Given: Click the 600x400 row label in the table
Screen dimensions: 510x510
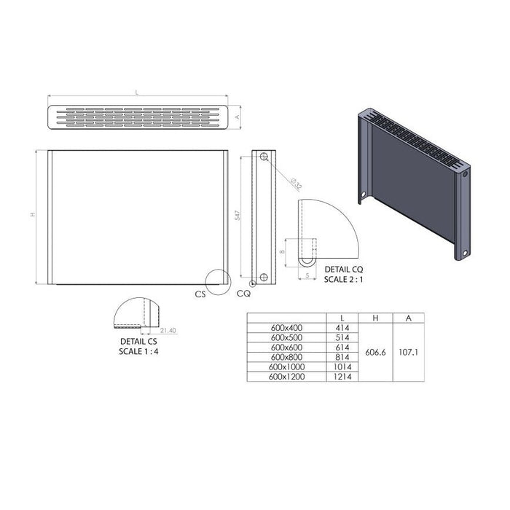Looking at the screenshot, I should pyautogui.click(x=286, y=328).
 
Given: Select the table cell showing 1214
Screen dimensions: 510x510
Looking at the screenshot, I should pyautogui.click(x=342, y=377).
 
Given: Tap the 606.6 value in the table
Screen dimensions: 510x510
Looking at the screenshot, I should pyautogui.click(x=376, y=352).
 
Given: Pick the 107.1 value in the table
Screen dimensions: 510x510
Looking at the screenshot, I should pyautogui.click(x=408, y=352).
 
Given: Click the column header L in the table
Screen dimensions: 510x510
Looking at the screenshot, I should pyautogui.click(x=342, y=318).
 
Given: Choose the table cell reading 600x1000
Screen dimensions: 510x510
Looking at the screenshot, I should pyautogui.click(x=286, y=367).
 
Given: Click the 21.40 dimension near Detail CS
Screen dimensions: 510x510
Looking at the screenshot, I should pyautogui.click(x=168, y=330).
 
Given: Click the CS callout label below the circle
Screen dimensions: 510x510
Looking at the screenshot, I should pyautogui.click(x=200, y=294).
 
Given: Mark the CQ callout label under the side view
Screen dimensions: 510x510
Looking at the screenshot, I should pyautogui.click(x=243, y=294).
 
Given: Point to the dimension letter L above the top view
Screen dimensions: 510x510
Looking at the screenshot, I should pyautogui.click(x=137, y=93).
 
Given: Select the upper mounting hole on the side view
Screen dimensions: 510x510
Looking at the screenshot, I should pyautogui.click(x=263, y=157).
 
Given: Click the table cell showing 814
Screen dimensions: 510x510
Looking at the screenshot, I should pyautogui.click(x=342, y=357).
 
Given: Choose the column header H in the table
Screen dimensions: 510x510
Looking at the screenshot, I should pyautogui.click(x=376, y=318).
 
